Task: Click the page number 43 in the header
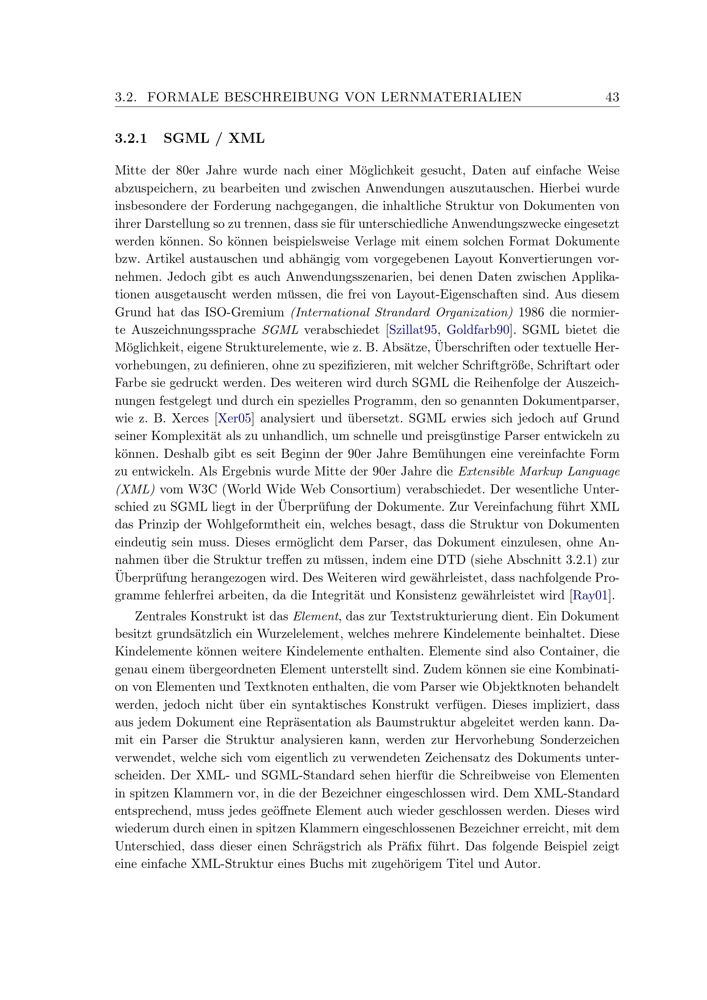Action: (x=612, y=97)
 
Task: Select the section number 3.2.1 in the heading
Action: (x=131, y=139)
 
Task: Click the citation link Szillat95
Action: (x=413, y=330)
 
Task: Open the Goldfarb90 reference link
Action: (x=477, y=330)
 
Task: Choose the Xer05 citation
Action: (x=234, y=419)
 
